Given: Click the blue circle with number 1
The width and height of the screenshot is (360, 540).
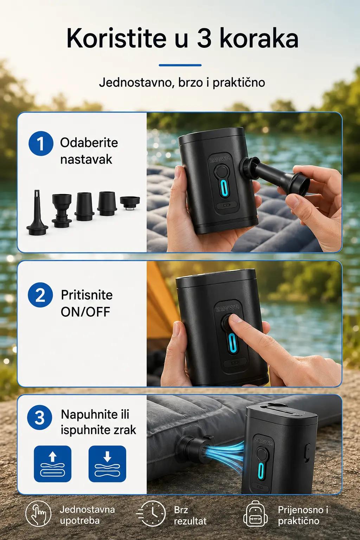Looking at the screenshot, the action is [41, 143].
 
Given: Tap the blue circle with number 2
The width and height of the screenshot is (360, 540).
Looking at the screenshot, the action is [40, 295].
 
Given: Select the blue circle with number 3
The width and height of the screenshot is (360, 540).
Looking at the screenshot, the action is [39, 417].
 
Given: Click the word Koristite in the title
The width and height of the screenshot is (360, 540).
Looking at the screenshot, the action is [116, 39].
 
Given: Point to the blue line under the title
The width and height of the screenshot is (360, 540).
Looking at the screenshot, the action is [180, 65].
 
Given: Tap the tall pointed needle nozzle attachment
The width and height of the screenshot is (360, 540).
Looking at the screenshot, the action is [37, 212].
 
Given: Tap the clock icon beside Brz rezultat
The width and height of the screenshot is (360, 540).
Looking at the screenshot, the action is [151, 514].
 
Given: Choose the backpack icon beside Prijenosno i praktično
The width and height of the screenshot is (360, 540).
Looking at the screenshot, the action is [256, 514].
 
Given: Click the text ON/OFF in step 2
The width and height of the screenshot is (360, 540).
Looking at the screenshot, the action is [85, 312].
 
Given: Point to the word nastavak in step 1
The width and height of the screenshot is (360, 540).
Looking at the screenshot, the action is [86, 159].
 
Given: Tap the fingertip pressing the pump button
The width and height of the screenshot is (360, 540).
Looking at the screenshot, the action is [235, 318].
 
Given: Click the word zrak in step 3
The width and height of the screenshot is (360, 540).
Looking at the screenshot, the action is [126, 430].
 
